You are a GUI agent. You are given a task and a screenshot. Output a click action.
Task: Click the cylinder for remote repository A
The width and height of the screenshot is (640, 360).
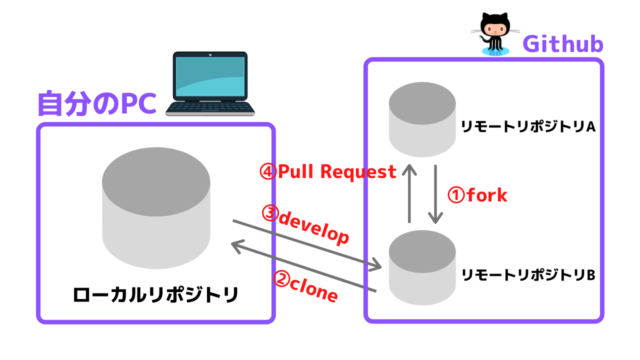click(418, 119)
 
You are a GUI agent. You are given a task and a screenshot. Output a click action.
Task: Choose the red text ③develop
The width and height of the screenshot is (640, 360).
click(304, 223)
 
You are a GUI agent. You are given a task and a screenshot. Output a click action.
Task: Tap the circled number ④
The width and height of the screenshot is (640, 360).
click(267, 171)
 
